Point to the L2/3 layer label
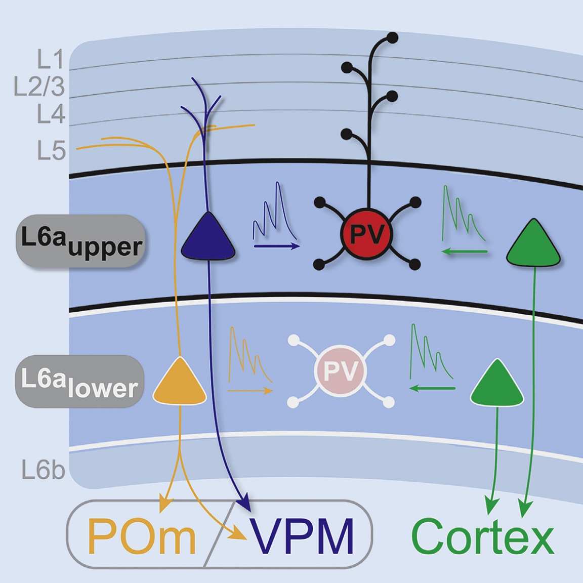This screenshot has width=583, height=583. (x=39, y=87)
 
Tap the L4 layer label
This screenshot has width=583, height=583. (x=51, y=114)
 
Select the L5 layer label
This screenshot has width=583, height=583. (x=51, y=151)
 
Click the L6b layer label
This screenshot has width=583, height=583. (x=44, y=470)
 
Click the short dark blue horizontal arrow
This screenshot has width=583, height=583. (x=276, y=246)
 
